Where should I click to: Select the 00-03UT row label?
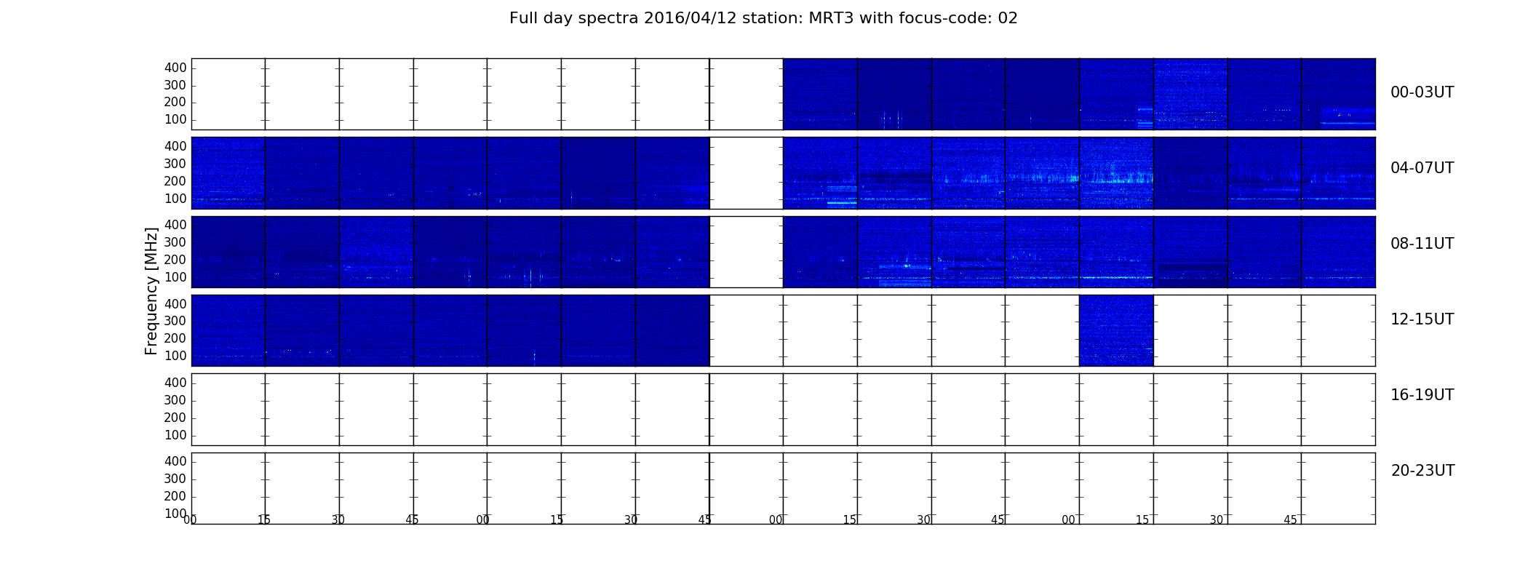(1422, 92)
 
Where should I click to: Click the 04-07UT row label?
(1422, 168)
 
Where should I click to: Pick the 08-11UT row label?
(1422, 244)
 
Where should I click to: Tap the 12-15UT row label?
(1422, 319)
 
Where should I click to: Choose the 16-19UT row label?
(1422, 395)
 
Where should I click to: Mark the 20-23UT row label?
(1422, 471)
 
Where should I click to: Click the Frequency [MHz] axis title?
(151, 291)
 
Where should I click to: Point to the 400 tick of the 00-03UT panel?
(175, 68)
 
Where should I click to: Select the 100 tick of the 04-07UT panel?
(175, 199)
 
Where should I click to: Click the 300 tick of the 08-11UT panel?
(175, 242)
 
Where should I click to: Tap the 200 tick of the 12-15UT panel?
(175, 338)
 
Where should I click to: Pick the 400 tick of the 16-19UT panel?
(175, 383)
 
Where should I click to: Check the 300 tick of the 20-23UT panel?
(175, 479)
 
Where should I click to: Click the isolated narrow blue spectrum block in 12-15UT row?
(1116, 330)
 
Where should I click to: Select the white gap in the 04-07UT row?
(747, 173)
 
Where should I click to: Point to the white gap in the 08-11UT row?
(747, 252)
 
